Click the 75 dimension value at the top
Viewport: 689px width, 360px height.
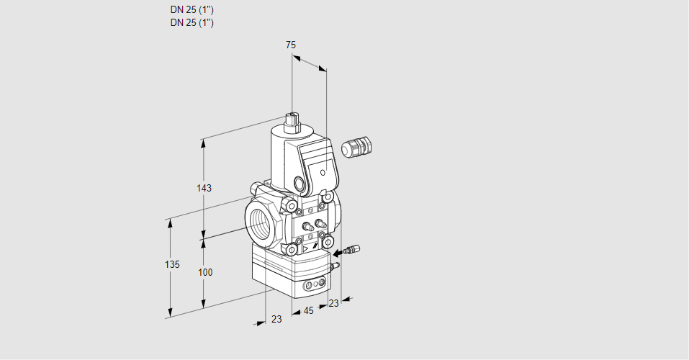tap(291, 45)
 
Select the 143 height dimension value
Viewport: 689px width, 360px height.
tap(204, 188)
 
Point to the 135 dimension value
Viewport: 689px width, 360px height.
tap(172, 264)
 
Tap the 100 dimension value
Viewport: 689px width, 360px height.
tap(204, 272)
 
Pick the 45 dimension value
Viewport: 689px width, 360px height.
tap(308, 311)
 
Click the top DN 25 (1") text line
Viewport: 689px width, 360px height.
tap(192, 9)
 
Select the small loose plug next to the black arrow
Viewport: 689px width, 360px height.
tap(352, 249)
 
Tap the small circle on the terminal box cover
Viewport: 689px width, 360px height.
tap(323, 172)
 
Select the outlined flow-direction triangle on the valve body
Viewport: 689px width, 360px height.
tap(305, 249)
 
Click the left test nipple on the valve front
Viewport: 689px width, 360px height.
tap(307, 226)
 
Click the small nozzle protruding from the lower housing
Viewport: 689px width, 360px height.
tap(335, 265)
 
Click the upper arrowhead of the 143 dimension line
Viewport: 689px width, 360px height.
tap(203, 145)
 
